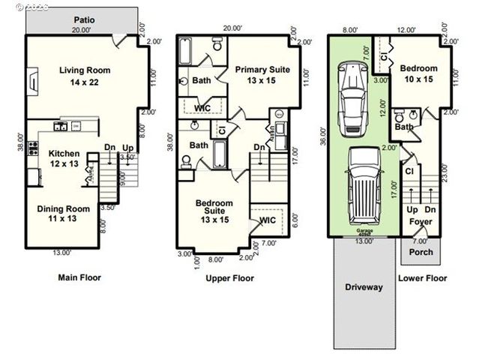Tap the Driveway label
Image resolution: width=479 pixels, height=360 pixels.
click(x=364, y=286)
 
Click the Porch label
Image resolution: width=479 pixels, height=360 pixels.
click(x=421, y=252)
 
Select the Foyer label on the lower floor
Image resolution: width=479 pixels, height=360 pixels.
click(x=420, y=221)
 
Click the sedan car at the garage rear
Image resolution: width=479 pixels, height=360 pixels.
click(x=351, y=97)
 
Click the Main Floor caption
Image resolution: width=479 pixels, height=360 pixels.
click(x=79, y=277)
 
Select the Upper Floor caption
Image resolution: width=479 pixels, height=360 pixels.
click(x=229, y=278)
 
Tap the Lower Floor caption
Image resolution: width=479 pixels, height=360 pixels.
click(x=422, y=277)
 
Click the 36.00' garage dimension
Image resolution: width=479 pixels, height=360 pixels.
click(x=324, y=136)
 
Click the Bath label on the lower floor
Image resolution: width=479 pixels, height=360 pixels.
click(x=404, y=127)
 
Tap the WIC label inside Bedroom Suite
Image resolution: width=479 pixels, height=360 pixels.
click(x=267, y=220)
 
